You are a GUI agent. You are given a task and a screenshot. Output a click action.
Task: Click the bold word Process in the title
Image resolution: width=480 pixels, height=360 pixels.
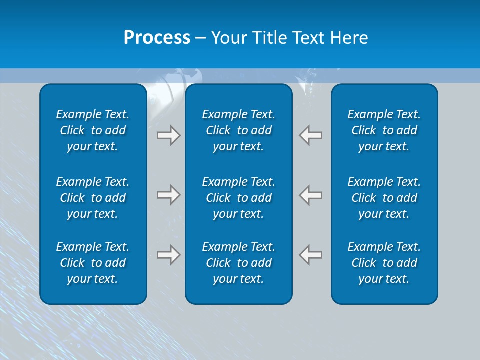pyautogui.click(x=157, y=38)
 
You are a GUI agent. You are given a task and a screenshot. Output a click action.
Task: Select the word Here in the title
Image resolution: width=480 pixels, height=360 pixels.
pyautogui.click(x=349, y=38)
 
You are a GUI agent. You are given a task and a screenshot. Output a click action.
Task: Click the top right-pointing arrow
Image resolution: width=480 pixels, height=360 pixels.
pyautogui.click(x=168, y=135)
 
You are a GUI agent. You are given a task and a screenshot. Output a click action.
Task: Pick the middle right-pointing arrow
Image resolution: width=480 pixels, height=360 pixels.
pyautogui.click(x=168, y=194)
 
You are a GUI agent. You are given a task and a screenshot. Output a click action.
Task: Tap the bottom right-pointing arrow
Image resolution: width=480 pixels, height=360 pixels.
pyautogui.click(x=168, y=254)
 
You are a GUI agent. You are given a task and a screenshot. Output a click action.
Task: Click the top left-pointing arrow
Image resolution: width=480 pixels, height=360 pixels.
pyautogui.click(x=311, y=135)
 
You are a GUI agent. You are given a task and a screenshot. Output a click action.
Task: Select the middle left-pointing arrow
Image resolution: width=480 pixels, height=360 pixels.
pyautogui.click(x=311, y=194)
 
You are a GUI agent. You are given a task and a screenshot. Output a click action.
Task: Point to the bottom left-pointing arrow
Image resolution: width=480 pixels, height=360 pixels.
pyautogui.click(x=311, y=254)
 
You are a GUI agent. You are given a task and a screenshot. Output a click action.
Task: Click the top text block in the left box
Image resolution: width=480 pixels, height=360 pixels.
pyautogui.click(x=93, y=130)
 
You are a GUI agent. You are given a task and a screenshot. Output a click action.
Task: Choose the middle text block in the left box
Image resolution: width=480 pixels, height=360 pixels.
pyautogui.click(x=93, y=198)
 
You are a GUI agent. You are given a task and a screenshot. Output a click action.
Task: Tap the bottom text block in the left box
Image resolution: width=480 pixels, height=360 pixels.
pyautogui.click(x=93, y=263)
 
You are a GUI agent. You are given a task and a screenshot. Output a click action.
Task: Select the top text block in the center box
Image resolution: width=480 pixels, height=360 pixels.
pyautogui.click(x=238, y=130)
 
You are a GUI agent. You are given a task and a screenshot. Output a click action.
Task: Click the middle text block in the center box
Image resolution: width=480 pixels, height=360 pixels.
pyautogui.click(x=238, y=198)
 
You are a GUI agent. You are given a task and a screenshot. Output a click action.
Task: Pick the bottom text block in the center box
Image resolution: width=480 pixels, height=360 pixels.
pyautogui.click(x=238, y=263)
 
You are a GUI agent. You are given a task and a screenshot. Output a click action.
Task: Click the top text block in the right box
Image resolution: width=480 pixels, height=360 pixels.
pyautogui.click(x=384, y=130)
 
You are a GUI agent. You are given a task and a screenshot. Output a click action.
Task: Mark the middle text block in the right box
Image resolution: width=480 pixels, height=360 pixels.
pyautogui.click(x=384, y=198)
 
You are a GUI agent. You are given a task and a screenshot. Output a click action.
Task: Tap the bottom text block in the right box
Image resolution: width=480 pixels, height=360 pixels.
pyautogui.click(x=384, y=263)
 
